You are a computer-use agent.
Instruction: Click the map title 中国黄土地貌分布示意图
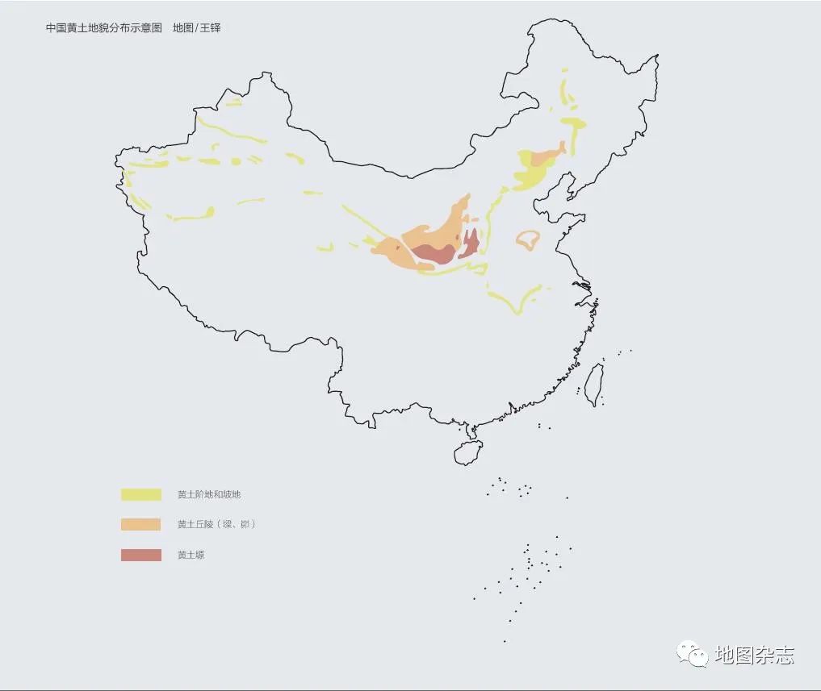tap(103, 28)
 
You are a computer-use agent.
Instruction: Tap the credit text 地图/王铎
tap(196, 28)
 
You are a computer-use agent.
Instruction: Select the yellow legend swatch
tap(140, 494)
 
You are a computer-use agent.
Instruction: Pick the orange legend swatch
tap(140, 524)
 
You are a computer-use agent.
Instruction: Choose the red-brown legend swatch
tap(140, 555)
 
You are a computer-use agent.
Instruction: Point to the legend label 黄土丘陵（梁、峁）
tap(216, 524)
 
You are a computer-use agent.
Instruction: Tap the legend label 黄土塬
tap(191, 555)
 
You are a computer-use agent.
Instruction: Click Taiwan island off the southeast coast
tap(593, 384)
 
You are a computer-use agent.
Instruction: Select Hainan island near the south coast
tap(467, 452)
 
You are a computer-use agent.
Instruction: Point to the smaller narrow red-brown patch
tap(470, 243)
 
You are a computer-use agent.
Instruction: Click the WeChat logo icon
tap(692, 653)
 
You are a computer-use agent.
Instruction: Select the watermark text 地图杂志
tap(754, 655)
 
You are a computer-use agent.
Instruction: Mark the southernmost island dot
tap(505, 641)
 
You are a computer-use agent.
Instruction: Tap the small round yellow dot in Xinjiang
tap(236, 161)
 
